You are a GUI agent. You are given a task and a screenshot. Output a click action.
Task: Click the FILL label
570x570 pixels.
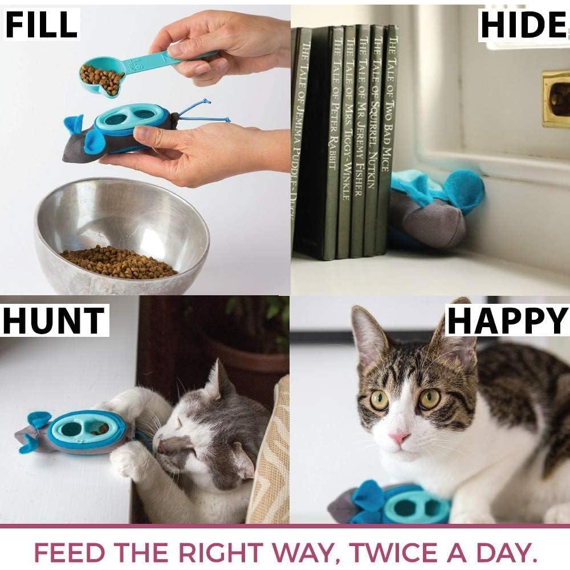42,25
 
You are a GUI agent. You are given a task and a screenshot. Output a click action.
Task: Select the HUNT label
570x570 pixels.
54,320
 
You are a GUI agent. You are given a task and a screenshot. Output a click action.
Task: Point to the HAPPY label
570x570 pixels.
507,320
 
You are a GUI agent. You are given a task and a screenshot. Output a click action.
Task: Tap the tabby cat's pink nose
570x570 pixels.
400,438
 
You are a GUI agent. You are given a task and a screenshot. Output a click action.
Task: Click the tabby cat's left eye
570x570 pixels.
379,400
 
